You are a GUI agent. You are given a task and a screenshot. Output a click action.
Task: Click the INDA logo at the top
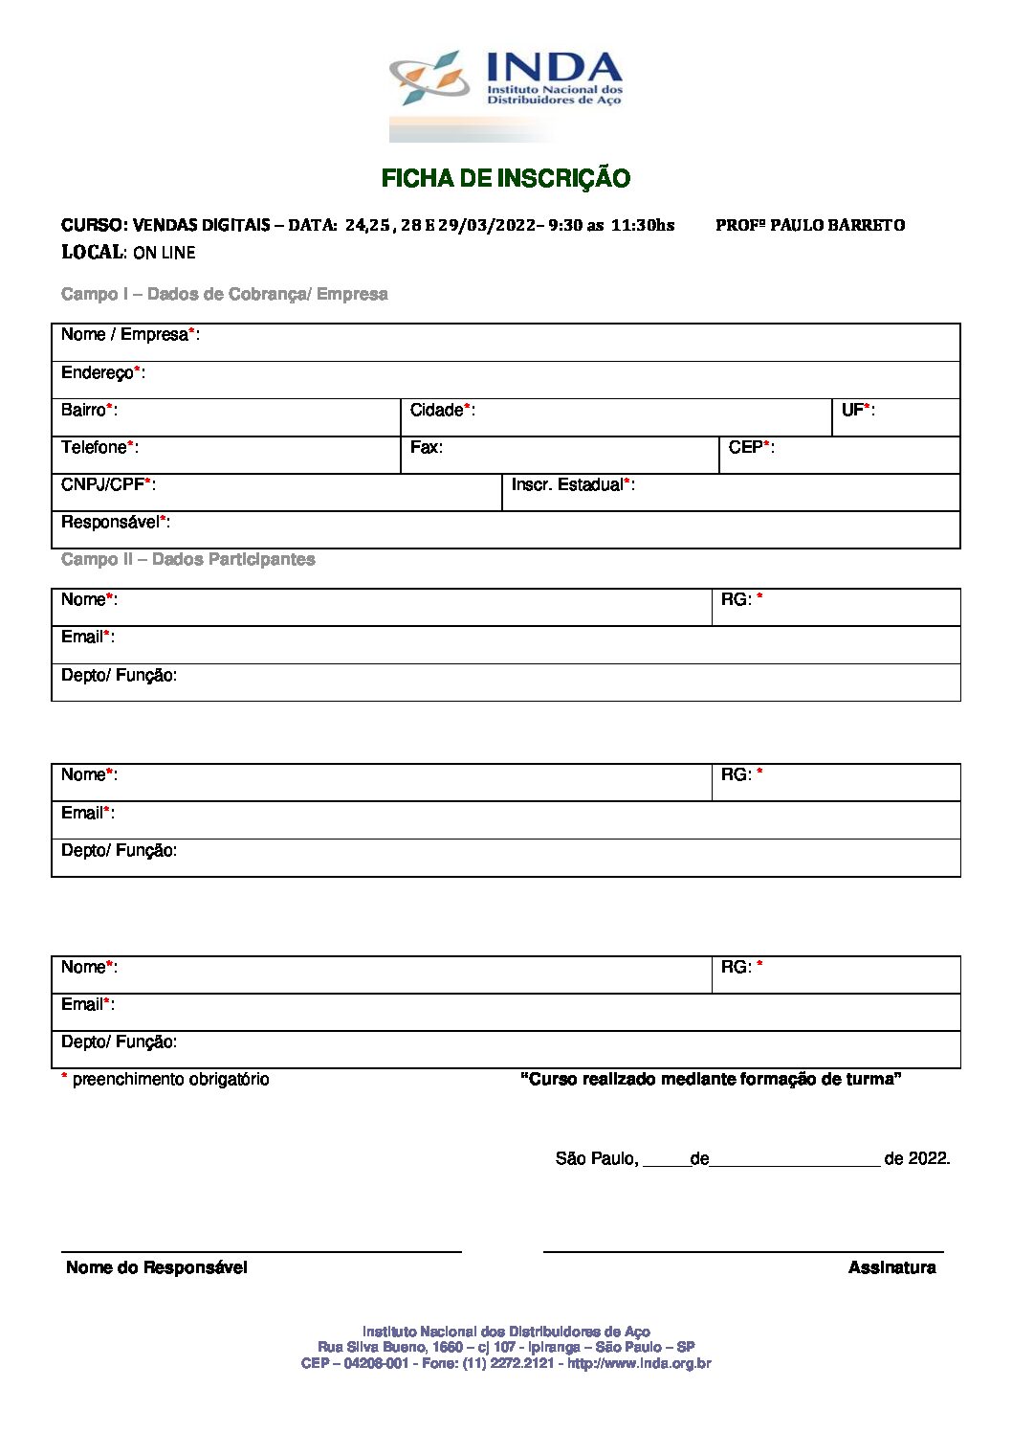(506, 80)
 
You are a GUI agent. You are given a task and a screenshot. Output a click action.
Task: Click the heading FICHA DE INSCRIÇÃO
(506, 178)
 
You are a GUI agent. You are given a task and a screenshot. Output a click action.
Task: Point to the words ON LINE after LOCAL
(165, 253)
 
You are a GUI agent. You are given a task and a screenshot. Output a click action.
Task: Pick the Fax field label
(426, 447)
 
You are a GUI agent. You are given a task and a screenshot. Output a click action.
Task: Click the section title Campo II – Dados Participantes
(187, 559)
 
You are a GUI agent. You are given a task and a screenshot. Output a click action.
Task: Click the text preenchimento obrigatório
(170, 1079)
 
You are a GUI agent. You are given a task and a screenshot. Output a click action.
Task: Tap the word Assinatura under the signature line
(891, 1267)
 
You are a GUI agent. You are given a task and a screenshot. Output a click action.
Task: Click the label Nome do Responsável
(156, 1267)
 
